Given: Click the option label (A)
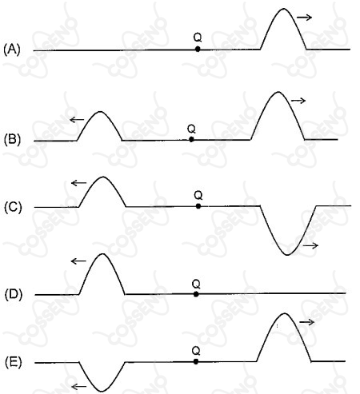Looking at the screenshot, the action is click(12, 50).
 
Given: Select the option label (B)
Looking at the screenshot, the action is click(12, 140).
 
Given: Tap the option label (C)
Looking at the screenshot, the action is click(13, 208).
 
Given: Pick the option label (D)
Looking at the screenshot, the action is click(14, 295).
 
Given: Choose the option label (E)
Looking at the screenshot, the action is click(14, 362).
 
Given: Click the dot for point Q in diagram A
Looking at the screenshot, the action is click(198, 49).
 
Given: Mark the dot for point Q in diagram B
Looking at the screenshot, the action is click(191, 139).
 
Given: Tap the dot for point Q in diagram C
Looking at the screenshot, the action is click(198, 206).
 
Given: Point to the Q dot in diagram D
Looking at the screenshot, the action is click(196, 294).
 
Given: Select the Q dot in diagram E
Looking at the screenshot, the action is click(196, 361).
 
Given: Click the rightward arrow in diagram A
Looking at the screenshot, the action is click(304, 18).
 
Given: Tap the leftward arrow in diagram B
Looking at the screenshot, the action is click(77, 120).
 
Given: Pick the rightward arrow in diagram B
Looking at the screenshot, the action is click(298, 101).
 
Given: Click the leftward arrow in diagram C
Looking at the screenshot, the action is click(79, 183).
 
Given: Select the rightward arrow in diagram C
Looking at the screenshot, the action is click(310, 245).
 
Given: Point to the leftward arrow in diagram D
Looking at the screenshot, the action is click(78, 261).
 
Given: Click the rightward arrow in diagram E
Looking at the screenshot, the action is click(307, 322).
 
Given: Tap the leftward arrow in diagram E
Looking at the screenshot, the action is click(79, 387).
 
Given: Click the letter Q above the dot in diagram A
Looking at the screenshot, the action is click(198, 38).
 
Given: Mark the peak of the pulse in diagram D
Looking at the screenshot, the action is click(102, 253).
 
